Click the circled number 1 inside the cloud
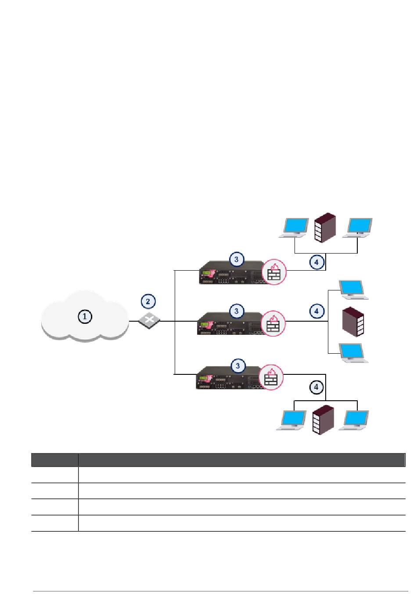click(x=85, y=316)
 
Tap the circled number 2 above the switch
click(x=148, y=301)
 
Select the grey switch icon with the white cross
click(x=149, y=321)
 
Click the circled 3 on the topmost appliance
click(x=236, y=259)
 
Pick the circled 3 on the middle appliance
click(x=236, y=311)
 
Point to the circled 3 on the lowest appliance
click(x=238, y=366)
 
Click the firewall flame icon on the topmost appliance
click(x=274, y=272)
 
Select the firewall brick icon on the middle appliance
click(x=273, y=323)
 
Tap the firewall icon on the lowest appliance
click(x=271, y=377)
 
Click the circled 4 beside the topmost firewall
click(x=317, y=262)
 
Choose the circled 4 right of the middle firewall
click(x=317, y=311)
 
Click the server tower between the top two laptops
click(x=325, y=228)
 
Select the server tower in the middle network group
click(x=353, y=322)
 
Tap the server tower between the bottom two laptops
click(x=323, y=420)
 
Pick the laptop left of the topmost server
click(x=294, y=228)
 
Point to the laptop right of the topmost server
click(x=357, y=228)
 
